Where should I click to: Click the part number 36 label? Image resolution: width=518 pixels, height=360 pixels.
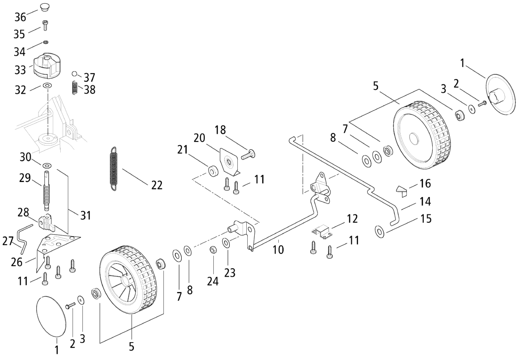[x=20, y=17]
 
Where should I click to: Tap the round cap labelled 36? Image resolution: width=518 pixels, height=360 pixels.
[x=45, y=7]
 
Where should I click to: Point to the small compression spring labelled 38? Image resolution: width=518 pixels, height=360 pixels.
[x=75, y=89]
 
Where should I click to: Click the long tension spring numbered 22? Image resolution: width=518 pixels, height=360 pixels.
[x=113, y=168]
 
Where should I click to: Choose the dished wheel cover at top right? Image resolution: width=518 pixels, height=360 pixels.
[x=500, y=96]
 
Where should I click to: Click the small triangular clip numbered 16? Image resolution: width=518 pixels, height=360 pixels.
[x=402, y=191]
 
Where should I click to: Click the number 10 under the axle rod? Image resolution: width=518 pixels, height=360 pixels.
[x=278, y=250]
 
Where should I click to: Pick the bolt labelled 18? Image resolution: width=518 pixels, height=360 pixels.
[x=249, y=154]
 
